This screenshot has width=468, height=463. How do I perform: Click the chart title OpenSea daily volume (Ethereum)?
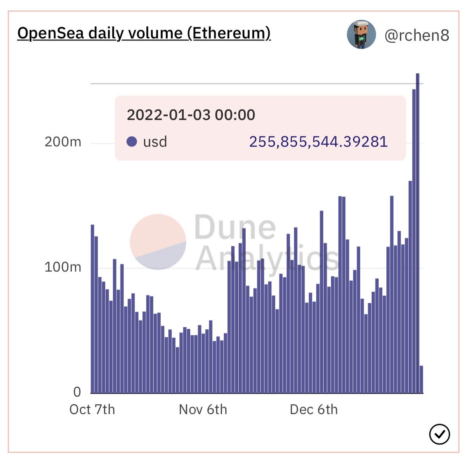144,33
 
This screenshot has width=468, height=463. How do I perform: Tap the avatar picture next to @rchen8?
361,35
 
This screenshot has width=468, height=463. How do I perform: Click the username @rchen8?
417,36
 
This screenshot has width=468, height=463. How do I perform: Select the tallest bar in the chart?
417,234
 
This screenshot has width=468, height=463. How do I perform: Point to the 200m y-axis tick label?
63,141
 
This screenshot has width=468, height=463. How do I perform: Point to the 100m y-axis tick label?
63,267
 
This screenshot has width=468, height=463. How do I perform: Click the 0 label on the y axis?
77,392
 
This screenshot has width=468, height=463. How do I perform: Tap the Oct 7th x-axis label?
92,410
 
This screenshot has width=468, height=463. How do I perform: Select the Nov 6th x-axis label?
203,410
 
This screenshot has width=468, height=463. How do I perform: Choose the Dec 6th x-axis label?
314,410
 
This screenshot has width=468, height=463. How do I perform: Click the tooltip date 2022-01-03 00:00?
191,115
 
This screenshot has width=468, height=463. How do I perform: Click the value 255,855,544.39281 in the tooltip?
318,142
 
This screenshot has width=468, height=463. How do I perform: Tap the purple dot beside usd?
132,142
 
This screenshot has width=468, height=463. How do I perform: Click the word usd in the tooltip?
155,142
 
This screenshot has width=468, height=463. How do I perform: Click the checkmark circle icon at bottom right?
439,434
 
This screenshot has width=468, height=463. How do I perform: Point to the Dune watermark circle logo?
158,242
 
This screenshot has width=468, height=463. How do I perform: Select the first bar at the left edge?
92,308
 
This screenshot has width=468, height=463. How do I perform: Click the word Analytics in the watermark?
267,259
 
